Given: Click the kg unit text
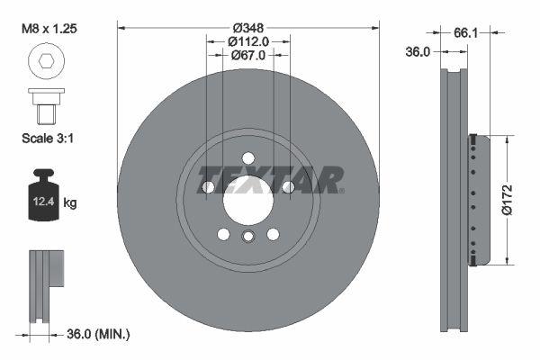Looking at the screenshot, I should (x=70, y=203).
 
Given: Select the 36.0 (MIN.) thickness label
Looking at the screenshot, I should (x=96, y=334).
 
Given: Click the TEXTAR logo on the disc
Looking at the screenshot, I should (x=269, y=179).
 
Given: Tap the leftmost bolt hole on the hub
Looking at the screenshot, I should (x=209, y=187).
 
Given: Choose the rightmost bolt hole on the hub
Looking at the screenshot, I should (x=288, y=187).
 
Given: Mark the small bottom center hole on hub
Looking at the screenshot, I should (x=248, y=237).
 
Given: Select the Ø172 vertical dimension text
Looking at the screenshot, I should (x=507, y=200).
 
